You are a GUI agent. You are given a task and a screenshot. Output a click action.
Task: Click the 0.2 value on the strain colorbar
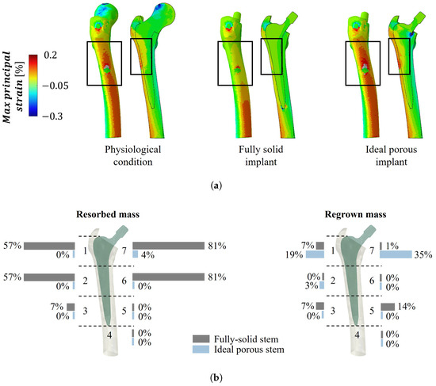[50, 55]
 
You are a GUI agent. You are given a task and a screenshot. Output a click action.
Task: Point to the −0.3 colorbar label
[52, 116]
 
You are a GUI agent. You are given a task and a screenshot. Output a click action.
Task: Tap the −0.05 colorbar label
[55, 86]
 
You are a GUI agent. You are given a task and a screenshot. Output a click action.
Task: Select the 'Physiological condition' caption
[133, 155]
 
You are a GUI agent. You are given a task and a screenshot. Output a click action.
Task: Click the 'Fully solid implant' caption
[261, 155]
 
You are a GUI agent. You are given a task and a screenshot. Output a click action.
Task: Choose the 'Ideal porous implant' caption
[392, 155]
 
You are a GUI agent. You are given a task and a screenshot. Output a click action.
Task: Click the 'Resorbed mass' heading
[108, 215]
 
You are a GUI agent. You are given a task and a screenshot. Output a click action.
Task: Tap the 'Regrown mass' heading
[356, 215]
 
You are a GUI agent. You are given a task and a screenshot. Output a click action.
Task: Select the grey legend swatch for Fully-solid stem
[201, 338]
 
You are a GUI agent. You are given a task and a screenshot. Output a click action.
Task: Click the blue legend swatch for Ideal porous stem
[201, 350]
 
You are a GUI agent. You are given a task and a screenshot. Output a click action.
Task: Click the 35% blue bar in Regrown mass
[396, 254]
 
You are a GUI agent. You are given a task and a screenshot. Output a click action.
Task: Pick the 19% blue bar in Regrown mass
[315, 254]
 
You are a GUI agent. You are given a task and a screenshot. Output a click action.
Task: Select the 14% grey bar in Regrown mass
[388, 307]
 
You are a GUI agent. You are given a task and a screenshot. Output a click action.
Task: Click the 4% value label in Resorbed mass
[147, 254]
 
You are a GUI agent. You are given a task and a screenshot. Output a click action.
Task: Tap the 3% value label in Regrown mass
[312, 285]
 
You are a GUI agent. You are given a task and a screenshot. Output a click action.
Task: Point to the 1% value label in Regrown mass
[392, 246]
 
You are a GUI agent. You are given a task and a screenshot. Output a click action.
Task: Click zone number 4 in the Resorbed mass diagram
[109, 335]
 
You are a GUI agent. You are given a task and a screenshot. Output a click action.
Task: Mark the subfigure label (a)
[216, 185]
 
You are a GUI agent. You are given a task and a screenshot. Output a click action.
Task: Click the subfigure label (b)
[216, 378]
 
